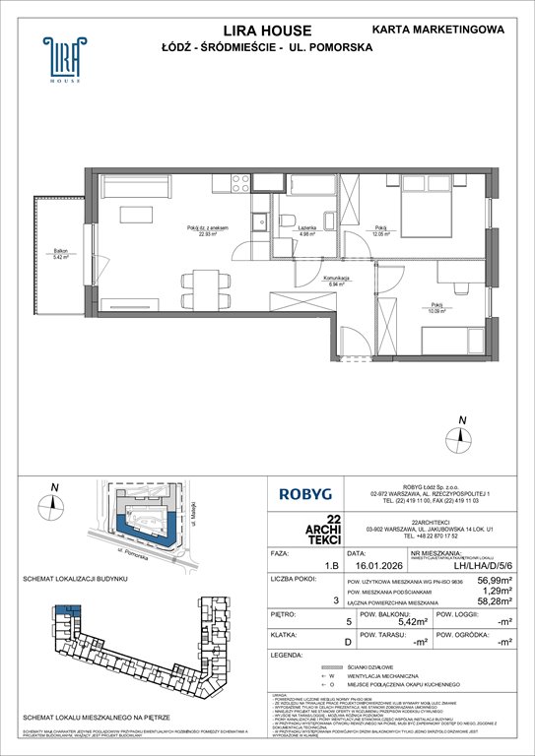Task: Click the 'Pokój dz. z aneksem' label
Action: click(x=208, y=228)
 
